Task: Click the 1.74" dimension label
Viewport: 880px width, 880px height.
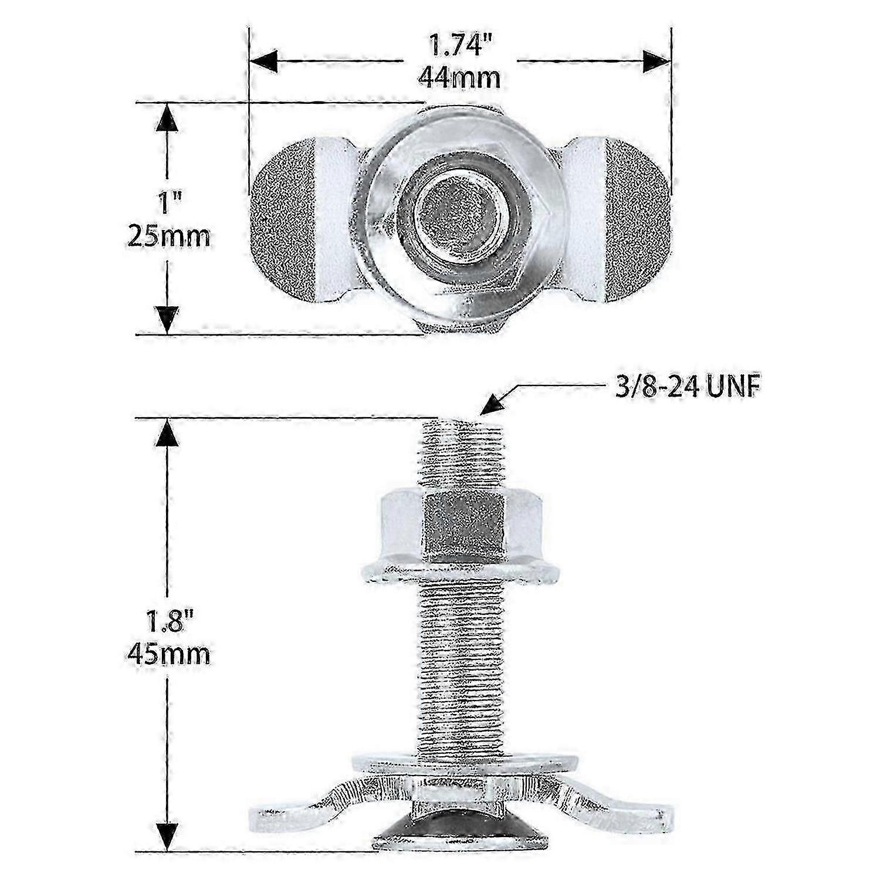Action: point(458,45)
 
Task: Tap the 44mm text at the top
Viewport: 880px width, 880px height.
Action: point(459,77)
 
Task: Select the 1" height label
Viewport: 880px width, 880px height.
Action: point(167,205)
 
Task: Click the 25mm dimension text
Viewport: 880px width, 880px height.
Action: point(168,237)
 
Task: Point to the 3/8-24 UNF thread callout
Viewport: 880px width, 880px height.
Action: point(683,388)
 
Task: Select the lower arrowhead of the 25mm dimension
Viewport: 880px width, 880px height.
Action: point(168,320)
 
